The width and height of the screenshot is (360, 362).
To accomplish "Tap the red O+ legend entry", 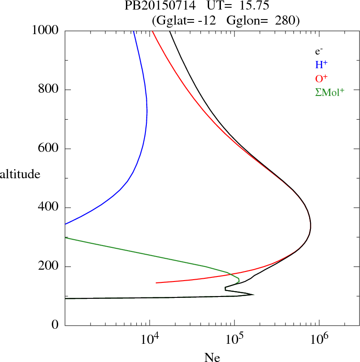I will tap(321, 78).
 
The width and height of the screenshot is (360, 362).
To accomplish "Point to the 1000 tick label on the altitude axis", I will tap(45, 30).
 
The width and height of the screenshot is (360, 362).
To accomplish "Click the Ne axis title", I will tap(212, 357).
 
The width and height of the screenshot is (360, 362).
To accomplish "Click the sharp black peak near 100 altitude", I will tap(253, 295).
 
